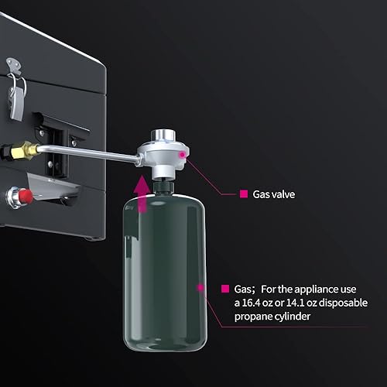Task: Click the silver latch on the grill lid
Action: coord(15,90)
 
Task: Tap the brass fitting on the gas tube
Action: coord(29,148)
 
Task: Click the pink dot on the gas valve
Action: coord(183,156)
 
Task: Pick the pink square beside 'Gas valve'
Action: coord(243,194)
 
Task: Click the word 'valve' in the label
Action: coord(284,194)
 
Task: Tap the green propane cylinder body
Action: coord(163,271)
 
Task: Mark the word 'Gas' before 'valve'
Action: coord(262,194)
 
